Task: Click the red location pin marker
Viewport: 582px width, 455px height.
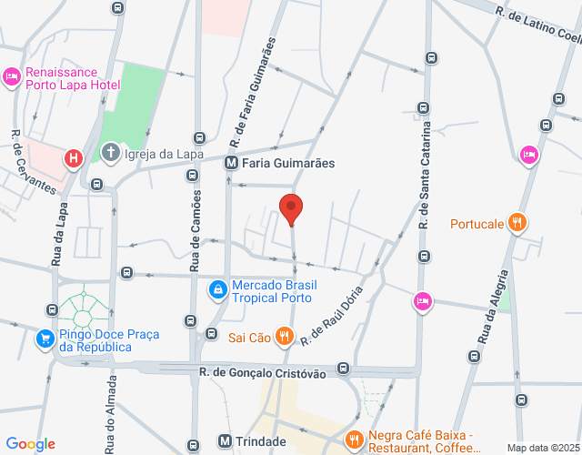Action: coord(291,208)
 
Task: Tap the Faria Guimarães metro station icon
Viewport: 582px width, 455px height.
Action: coord(231,163)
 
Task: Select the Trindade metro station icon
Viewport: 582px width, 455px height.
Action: coord(225,440)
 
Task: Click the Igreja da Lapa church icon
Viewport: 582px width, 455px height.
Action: coord(111,151)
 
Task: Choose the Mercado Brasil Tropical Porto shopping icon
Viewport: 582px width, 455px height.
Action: coord(217,290)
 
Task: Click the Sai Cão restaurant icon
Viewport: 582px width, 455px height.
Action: coord(285,337)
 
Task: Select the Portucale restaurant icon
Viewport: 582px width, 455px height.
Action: coord(517,222)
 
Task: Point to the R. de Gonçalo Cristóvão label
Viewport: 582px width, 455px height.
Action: coord(263,372)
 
